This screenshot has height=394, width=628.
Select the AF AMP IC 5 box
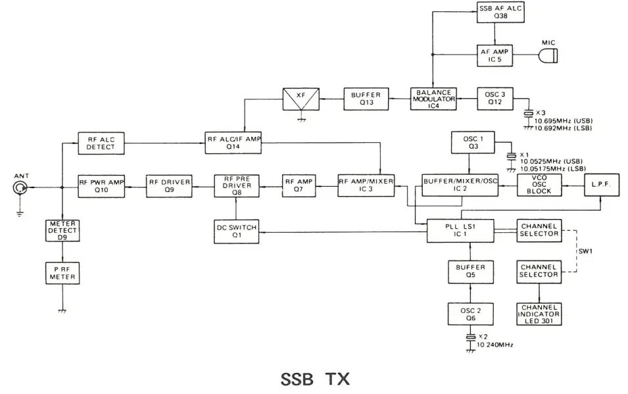pyautogui.click(x=495, y=55)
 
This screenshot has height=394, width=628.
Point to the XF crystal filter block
pyautogui.click(x=302, y=99)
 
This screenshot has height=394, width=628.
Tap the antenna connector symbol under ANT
pyautogui.click(x=20, y=189)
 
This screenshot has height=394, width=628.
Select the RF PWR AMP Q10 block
pyautogui.click(x=101, y=187)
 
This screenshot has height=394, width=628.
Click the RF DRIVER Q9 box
pyautogui.click(x=170, y=187)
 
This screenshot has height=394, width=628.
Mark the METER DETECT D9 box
pyautogui.click(x=63, y=230)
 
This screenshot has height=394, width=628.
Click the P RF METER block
pyautogui.click(x=63, y=273)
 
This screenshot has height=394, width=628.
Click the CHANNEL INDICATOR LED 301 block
pyautogui.click(x=539, y=314)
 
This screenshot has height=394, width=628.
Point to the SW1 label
pyautogui.click(x=584, y=251)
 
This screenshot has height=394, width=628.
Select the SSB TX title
pyautogui.click(x=316, y=380)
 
